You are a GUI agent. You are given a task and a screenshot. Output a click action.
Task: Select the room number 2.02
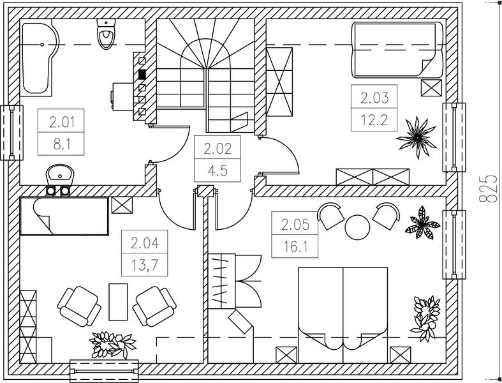(x=218, y=150)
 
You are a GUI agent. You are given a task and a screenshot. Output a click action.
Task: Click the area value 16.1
(x=295, y=246)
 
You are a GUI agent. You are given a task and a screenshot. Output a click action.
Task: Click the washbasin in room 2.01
(x=61, y=174)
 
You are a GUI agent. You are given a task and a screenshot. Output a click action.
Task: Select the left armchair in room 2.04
(x=78, y=306)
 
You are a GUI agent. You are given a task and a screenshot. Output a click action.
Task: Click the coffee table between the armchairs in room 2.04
(x=119, y=302)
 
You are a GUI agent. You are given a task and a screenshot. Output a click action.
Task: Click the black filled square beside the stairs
(x=142, y=74)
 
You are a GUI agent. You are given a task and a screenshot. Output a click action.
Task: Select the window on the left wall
(x=11, y=133)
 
